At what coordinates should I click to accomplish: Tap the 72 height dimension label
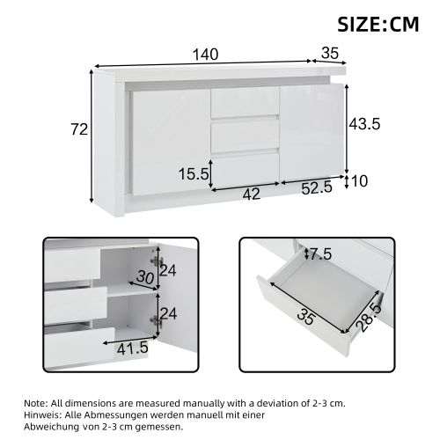(79, 129)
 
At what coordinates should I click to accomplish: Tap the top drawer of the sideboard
(244, 102)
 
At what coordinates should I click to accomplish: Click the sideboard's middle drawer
(244, 136)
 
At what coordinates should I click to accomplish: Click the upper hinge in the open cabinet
(158, 261)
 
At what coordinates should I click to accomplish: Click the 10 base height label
(358, 180)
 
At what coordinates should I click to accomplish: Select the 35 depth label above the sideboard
(330, 53)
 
